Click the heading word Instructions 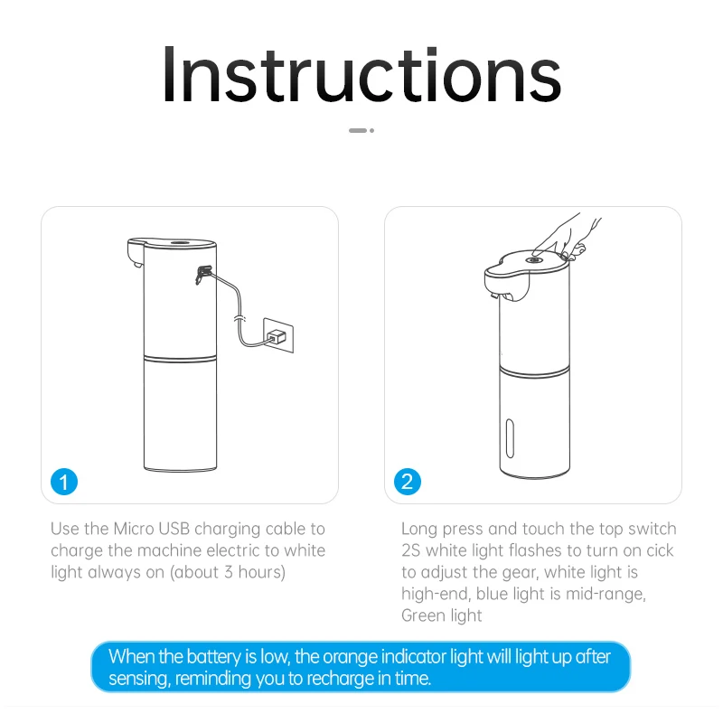[361, 75]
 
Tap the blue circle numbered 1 [64, 482]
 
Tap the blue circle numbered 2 [408, 482]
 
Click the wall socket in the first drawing [278, 335]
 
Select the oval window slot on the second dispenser [510, 438]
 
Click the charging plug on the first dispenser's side [202, 274]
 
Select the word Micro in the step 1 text [134, 529]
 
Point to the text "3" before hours [229, 572]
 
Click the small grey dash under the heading [358, 130]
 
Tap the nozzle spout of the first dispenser [137, 264]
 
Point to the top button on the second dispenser [534, 260]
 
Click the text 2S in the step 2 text [411, 550]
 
